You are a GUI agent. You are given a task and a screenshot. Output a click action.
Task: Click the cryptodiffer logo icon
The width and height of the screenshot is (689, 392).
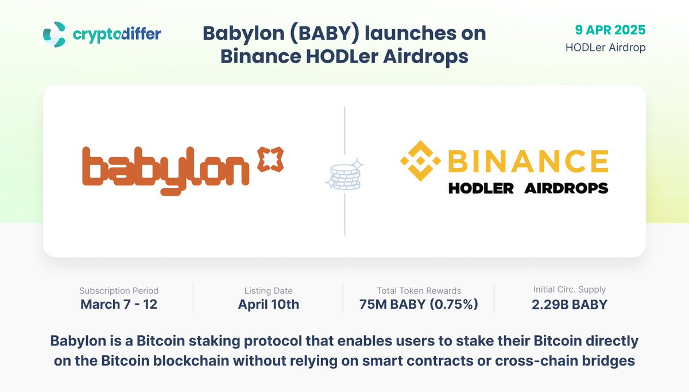coord(55,34)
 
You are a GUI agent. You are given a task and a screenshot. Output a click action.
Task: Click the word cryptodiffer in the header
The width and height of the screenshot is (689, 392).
coord(117,34)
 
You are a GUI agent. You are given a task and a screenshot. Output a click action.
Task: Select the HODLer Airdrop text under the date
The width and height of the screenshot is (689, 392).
coord(605,48)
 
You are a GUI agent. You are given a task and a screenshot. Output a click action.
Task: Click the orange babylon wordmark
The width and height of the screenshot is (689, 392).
coord(165,166)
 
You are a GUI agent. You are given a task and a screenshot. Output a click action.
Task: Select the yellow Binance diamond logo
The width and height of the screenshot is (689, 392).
coord(420,161)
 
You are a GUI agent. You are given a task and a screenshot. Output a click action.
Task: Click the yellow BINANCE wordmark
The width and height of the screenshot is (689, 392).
coord(527,161)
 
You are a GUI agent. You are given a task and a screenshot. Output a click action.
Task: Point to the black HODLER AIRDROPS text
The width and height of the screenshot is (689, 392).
coord(528,188)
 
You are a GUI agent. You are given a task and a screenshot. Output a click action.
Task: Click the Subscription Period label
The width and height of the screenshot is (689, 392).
coord(119,291)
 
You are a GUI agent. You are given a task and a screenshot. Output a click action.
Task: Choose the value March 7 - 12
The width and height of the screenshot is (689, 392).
coord(119,305)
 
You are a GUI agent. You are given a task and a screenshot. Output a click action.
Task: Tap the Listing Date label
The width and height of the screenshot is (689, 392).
coord(269,291)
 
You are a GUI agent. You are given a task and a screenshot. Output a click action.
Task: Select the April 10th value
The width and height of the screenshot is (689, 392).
coord(269,305)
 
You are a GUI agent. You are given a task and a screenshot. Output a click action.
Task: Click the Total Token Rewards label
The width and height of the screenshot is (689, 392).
coord(419,291)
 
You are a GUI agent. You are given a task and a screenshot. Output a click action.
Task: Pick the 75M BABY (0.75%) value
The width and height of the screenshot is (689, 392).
coord(419,305)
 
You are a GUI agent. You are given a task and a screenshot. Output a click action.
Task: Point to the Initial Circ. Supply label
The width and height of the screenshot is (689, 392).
coord(570,290)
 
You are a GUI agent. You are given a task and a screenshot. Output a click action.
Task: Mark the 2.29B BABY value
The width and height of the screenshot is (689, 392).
coord(570,305)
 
